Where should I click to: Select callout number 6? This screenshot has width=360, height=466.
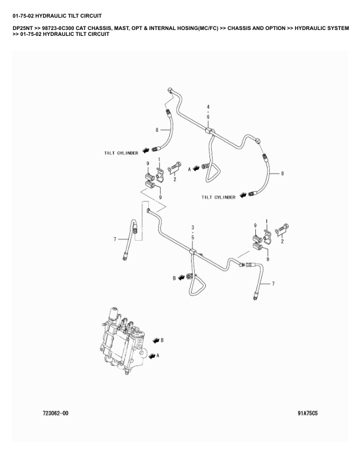coord(208,116)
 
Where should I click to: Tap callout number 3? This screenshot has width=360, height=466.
coord(192,227)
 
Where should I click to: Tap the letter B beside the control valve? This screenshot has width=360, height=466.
coord(162,340)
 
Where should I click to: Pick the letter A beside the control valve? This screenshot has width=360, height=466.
coord(158,356)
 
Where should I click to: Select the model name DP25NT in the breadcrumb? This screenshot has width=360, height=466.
coord(22,28)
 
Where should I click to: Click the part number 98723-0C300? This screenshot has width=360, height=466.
coord(62,28)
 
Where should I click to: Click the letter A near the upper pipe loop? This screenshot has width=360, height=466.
coord(189,168)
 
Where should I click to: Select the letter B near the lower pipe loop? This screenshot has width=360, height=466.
coord(174,277)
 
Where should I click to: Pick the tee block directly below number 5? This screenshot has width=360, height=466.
coord(192,252)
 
